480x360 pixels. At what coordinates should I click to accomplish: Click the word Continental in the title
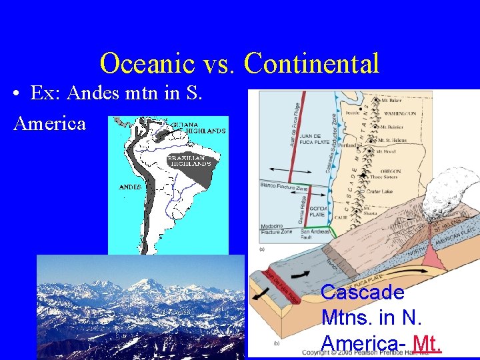pyautogui.click(x=311, y=63)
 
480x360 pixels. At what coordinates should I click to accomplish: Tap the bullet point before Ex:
pyautogui.click(x=17, y=95)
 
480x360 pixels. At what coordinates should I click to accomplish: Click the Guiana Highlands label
pyautogui.click(x=198, y=127)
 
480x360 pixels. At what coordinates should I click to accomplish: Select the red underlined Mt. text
pyautogui.click(x=427, y=343)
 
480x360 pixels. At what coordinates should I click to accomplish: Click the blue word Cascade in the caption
pyautogui.click(x=362, y=292)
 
